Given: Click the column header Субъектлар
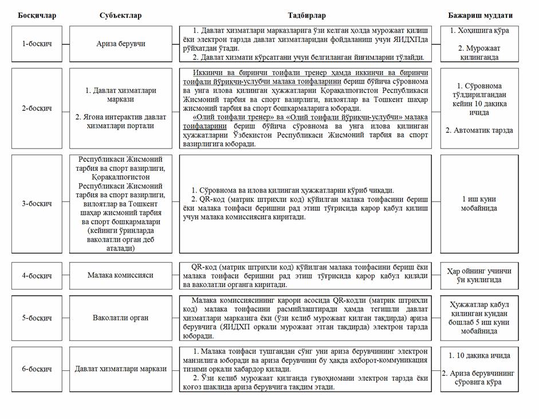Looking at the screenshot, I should click(120, 15).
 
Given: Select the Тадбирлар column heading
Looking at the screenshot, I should click(305, 15).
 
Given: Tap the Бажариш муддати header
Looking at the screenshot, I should click(480, 15).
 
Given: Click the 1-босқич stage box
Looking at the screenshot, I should click(36, 44).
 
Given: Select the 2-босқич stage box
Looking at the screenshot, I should click(36, 108).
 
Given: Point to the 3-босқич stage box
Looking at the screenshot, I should click(36, 203).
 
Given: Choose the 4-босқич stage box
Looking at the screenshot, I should click(36, 275).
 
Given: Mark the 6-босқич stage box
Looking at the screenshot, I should click(36, 369).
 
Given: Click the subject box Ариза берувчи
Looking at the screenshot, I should click(120, 44).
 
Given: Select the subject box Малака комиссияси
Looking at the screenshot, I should click(120, 275).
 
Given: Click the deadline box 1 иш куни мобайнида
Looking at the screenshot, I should click(479, 203).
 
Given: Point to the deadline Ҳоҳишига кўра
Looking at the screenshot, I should click(479, 30).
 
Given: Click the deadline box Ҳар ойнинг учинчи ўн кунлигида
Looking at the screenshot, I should click(479, 275).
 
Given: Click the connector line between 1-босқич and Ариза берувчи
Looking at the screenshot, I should click(65, 44).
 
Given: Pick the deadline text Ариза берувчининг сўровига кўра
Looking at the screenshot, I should click(479, 378).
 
